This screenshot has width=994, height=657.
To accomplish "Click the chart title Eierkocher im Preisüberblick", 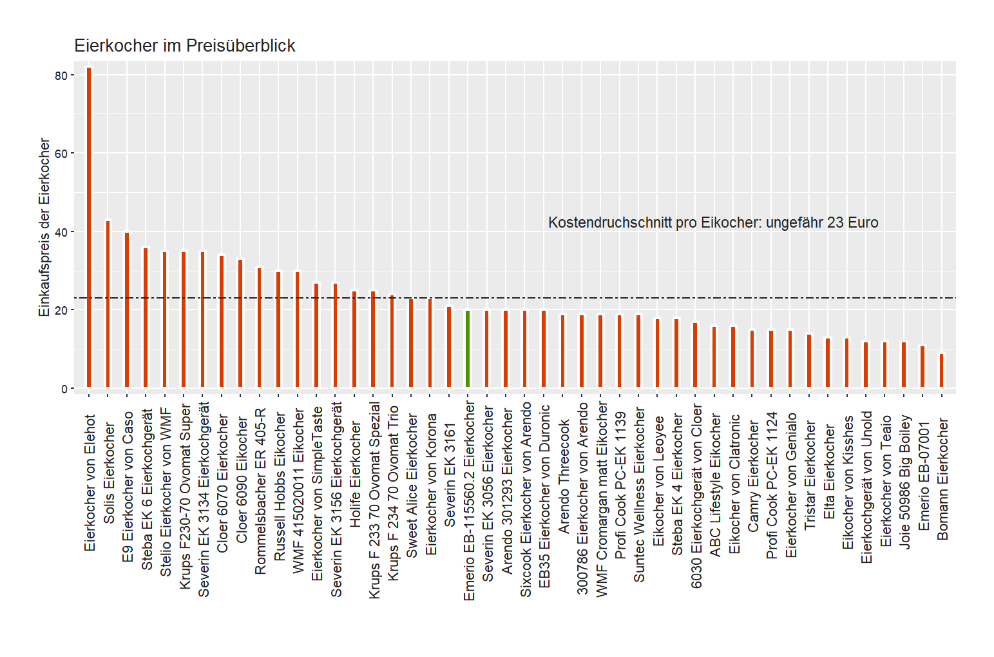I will (185, 46).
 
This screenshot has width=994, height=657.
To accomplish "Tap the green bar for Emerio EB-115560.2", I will (468, 349).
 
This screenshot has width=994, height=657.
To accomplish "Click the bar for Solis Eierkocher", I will (108, 304).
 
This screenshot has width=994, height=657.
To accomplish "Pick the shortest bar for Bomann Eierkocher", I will (941, 370).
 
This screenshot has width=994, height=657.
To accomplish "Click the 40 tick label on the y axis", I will (61, 232).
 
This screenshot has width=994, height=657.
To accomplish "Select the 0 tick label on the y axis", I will (64, 389).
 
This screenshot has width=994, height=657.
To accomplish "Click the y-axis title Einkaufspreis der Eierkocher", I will (44, 227).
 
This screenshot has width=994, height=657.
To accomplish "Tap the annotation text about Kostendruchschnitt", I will (713, 222).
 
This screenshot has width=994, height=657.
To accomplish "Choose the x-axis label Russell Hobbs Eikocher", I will (279, 487).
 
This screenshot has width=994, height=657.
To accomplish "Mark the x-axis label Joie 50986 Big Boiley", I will (904, 482).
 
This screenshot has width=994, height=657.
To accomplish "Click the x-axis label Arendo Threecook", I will (564, 476).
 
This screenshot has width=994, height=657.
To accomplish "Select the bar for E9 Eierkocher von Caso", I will (127, 309).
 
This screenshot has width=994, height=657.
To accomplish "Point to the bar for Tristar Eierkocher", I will (809, 360).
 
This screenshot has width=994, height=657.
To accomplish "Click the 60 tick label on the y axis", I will (61, 153).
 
